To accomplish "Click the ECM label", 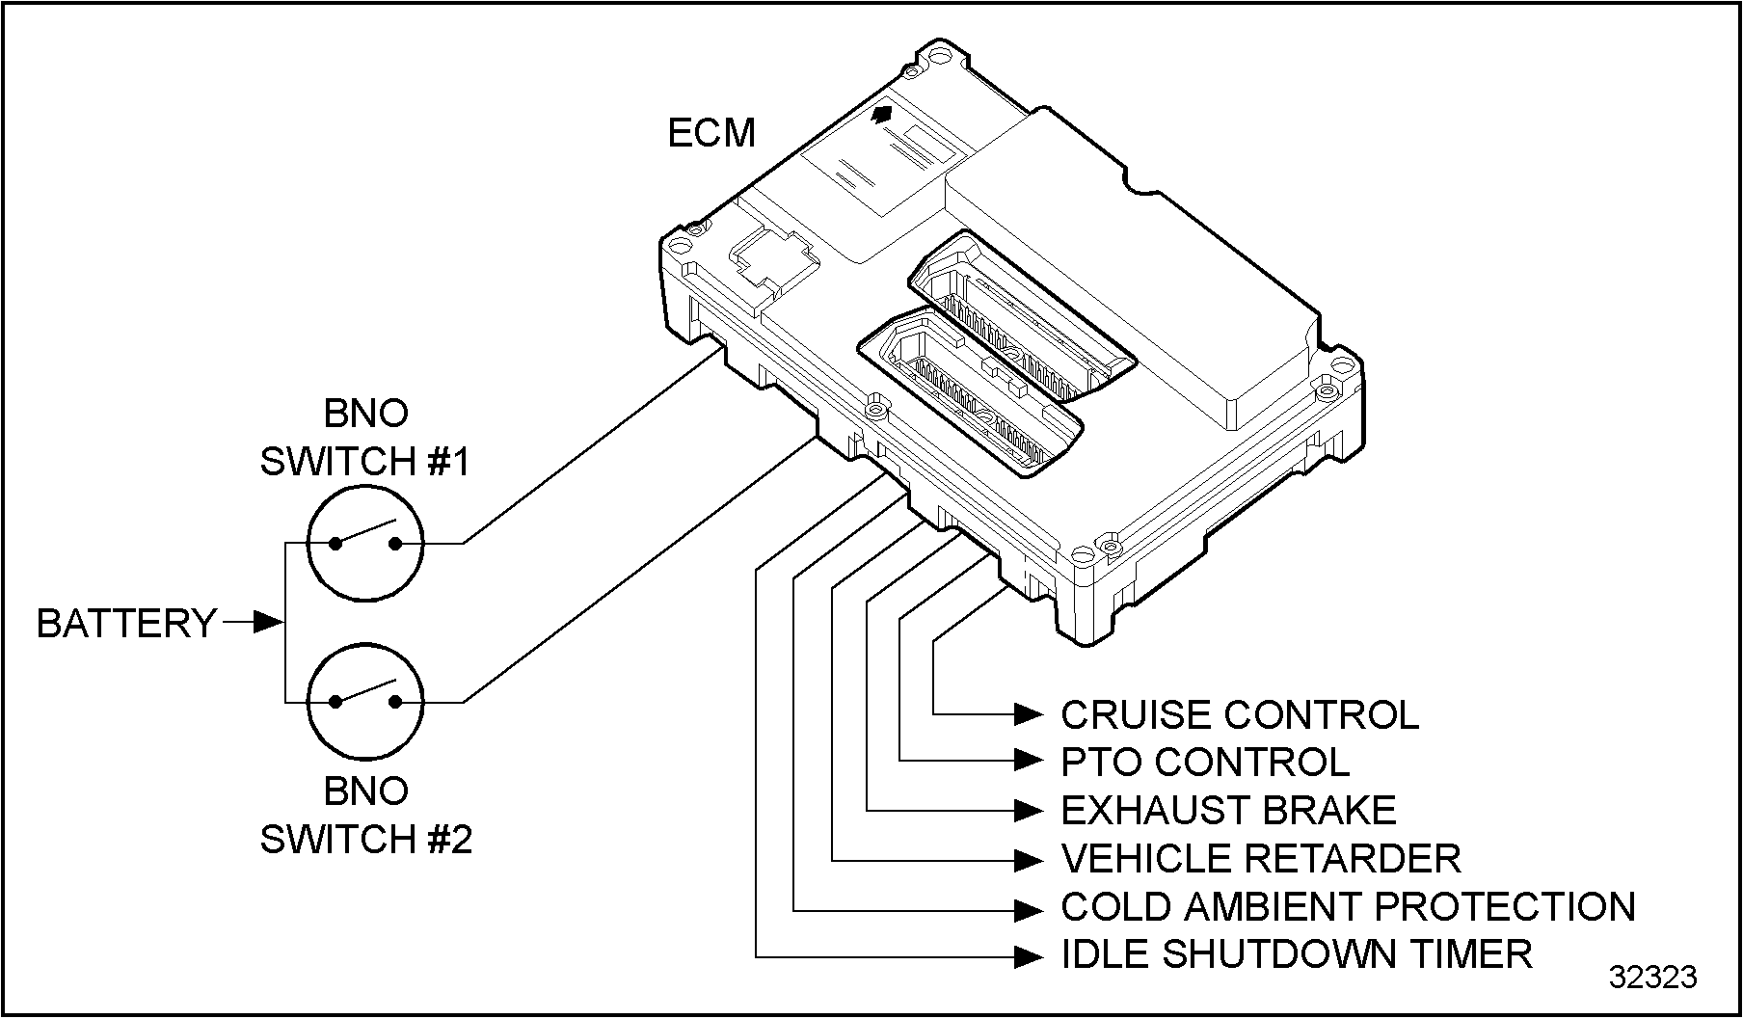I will click(711, 133).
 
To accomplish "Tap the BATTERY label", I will click(125, 624).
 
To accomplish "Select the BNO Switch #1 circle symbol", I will click(365, 544).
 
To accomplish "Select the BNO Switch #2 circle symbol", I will click(365, 703).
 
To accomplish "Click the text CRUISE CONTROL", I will click(1239, 714).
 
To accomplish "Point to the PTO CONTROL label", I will click(1204, 762).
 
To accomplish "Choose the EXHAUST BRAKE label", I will click(1228, 810).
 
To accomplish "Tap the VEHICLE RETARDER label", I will click(1260, 858).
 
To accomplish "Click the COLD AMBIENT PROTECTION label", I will click(1348, 906).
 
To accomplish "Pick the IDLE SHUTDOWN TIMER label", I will click(1296, 954).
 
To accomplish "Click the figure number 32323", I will click(1651, 978).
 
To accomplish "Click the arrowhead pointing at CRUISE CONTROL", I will click(1029, 714).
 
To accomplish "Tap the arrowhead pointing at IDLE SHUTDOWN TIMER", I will click(1029, 956).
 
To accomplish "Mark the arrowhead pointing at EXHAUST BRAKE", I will click(1029, 811).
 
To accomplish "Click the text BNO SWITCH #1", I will click(365, 438).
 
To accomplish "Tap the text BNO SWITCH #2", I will click(365, 816).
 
